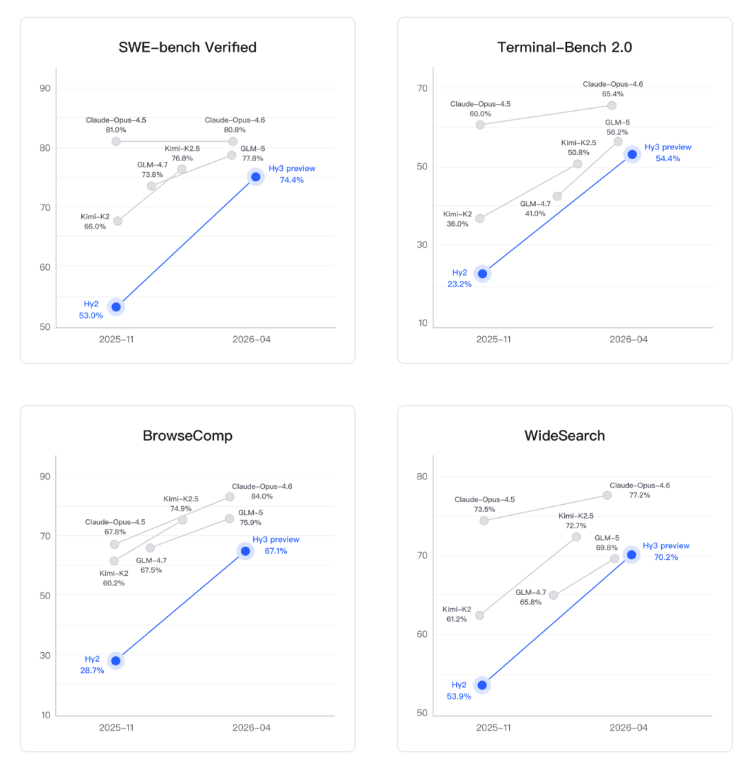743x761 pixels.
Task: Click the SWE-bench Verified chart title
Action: pyautogui.click(x=188, y=48)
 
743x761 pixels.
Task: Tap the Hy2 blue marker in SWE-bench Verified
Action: pyautogui.click(x=116, y=306)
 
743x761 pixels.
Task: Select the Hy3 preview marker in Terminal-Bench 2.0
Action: pyautogui.click(x=632, y=154)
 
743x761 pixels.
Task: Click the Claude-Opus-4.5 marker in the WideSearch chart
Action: pyautogui.click(x=484, y=520)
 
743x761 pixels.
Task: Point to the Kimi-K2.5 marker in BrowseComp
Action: pyautogui.click(x=182, y=519)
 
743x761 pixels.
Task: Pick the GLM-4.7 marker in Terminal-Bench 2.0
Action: pyautogui.click(x=557, y=196)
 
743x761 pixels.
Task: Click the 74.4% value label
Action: pyautogui.click(x=291, y=180)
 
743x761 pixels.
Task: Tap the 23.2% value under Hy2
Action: pyautogui.click(x=459, y=284)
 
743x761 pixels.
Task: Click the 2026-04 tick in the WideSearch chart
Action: pyautogui.click(x=629, y=727)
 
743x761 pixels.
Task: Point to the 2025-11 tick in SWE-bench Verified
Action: pyautogui.click(x=116, y=339)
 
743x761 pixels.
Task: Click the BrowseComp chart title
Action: pyautogui.click(x=187, y=436)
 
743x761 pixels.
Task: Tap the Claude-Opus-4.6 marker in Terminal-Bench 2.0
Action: pyautogui.click(x=612, y=105)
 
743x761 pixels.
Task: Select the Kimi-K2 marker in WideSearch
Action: pyautogui.click(x=480, y=615)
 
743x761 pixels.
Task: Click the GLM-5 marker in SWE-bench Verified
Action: pyautogui.click(x=232, y=155)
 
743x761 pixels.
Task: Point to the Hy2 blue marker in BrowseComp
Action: pyautogui.click(x=116, y=660)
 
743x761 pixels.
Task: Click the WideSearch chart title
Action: pyautogui.click(x=564, y=436)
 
